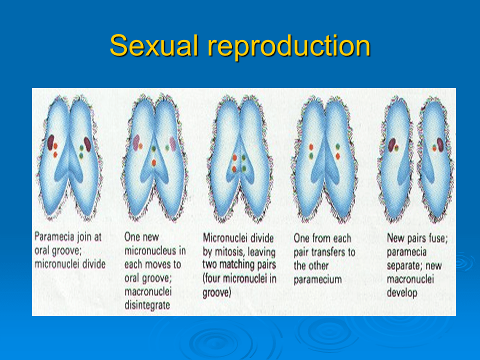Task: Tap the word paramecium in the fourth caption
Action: point(318,278)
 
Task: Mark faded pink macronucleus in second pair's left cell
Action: point(135,142)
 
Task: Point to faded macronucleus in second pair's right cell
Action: point(173,144)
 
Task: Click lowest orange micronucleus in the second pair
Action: point(154,162)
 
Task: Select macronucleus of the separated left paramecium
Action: point(392,144)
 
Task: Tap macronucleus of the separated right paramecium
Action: point(440,144)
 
